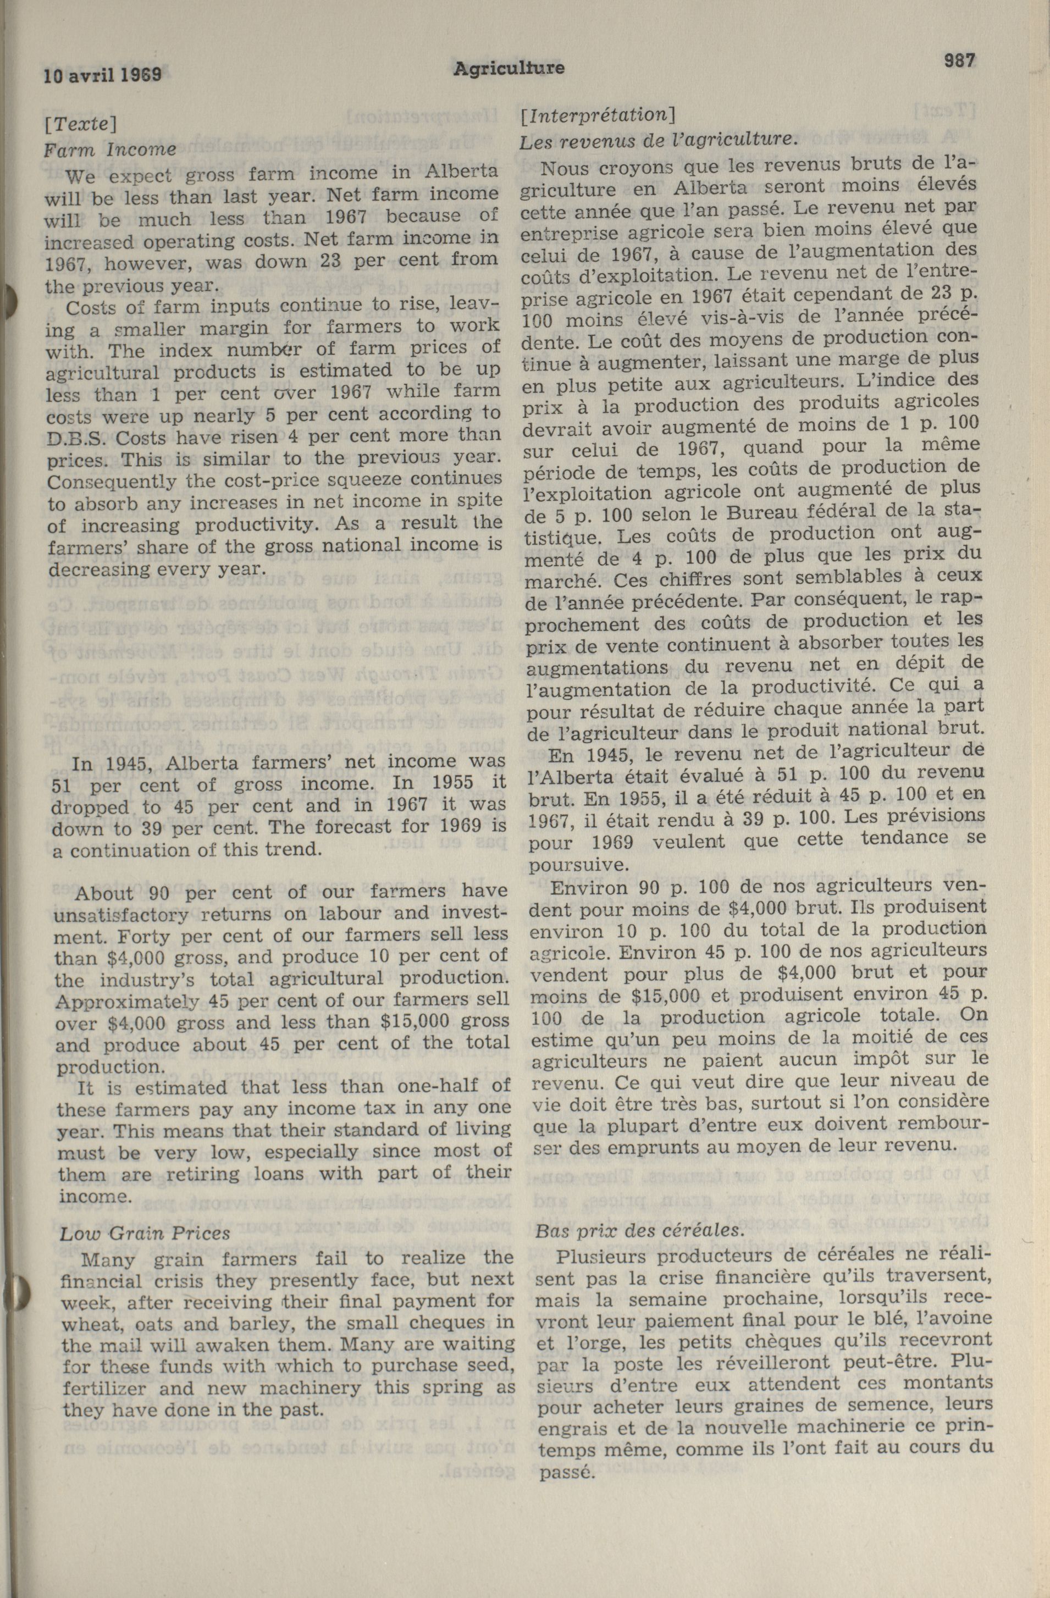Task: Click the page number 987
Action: pos(959,60)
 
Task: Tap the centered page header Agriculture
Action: pos(508,68)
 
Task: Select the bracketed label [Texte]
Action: pos(81,124)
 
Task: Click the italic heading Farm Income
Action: pos(110,149)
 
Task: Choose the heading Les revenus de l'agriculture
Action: pos(659,140)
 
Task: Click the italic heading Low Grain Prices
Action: pos(145,1233)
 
